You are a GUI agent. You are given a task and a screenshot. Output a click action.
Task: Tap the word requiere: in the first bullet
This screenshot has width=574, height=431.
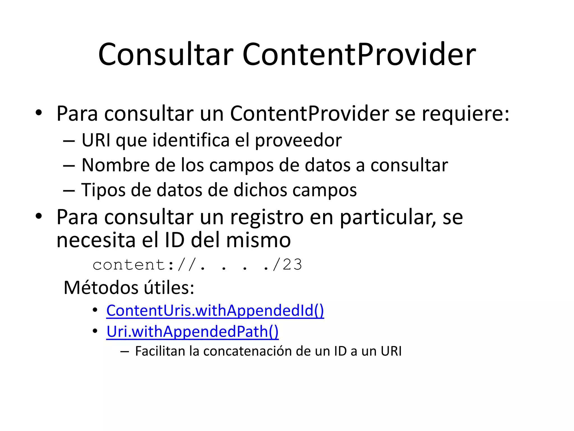point(466,114)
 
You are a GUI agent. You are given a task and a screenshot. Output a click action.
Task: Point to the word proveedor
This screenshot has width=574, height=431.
point(298,140)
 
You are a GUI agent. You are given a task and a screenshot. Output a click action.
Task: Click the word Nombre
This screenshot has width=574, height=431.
point(116,165)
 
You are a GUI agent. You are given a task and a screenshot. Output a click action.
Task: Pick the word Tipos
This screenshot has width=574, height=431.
point(103,190)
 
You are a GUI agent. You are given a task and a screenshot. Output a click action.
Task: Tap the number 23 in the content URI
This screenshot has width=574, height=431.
point(292,265)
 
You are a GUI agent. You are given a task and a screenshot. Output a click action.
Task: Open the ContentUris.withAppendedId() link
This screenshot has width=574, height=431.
point(215,311)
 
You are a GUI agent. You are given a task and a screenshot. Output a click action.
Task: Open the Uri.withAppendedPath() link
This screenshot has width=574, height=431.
point(193,332)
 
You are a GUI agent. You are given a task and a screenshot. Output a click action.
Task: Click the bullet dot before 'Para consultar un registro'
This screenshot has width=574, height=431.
point(39,216)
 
